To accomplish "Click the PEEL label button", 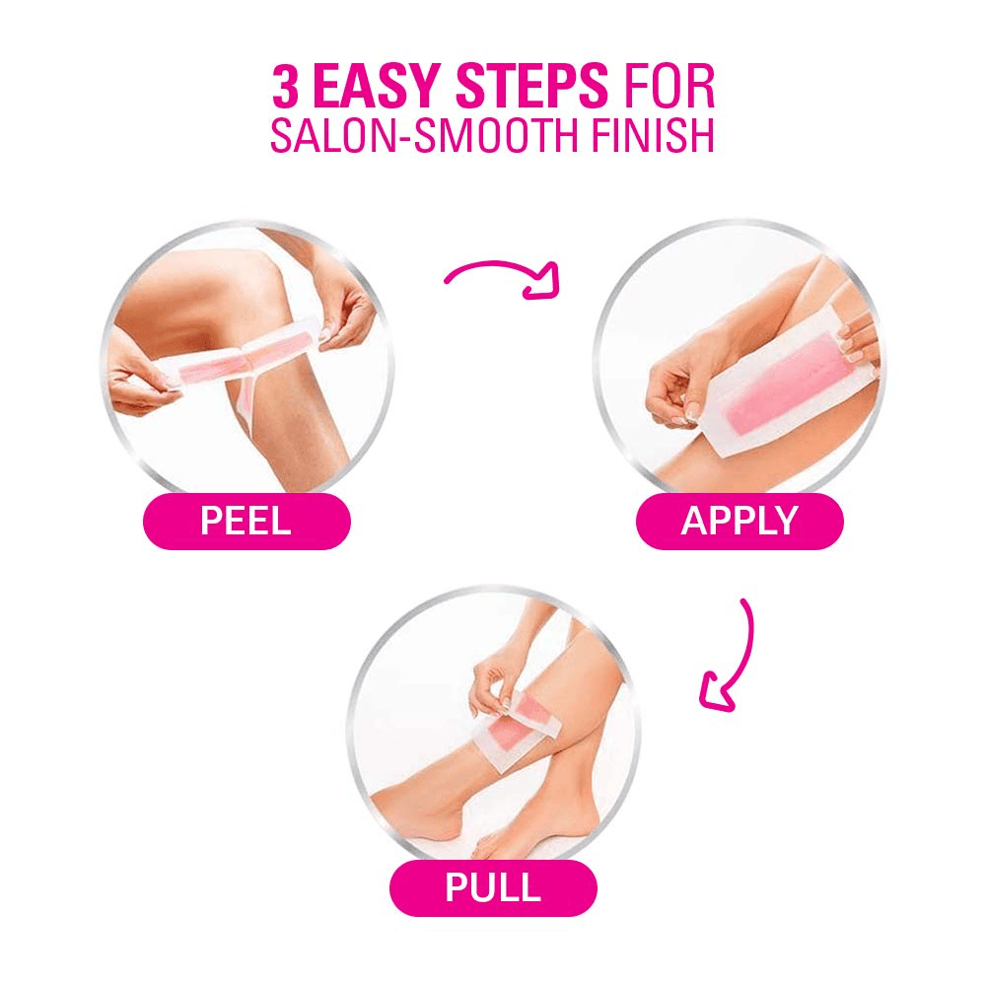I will [x=246, y=521].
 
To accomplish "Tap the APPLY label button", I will [x=739, y=521].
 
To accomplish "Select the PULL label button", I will [x=493, y=887].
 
